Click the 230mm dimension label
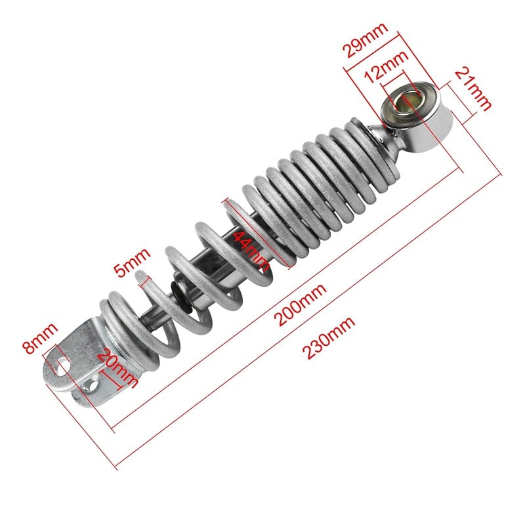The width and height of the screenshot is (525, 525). tap(329, 337)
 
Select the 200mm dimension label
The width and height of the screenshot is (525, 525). tap(302, 304)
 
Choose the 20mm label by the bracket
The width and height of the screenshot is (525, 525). tap(119, 369)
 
